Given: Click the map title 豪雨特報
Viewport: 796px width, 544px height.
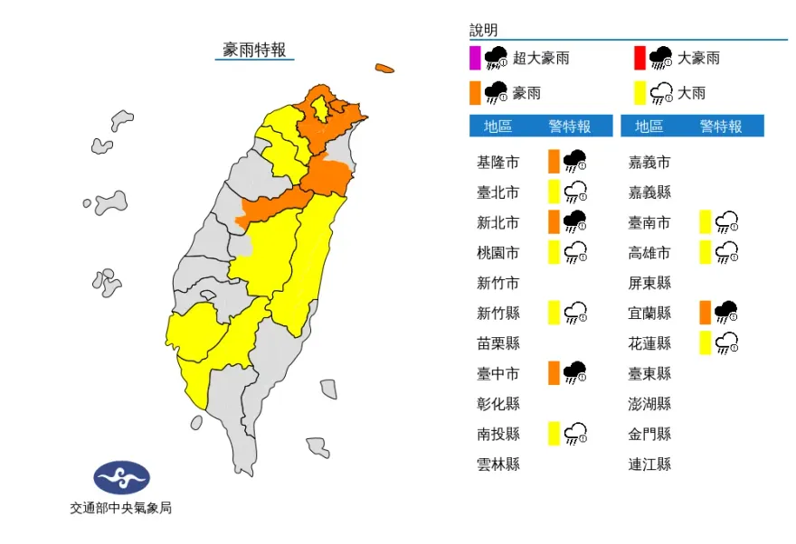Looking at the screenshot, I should coord(254,50).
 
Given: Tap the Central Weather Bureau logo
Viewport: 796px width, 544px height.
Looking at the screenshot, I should coord(121,477).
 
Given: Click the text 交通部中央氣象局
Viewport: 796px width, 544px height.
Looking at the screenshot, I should coord(121,508).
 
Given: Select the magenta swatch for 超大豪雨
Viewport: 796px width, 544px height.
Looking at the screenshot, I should coord(475,58).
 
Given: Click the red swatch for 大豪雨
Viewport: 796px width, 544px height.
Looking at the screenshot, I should coord(640,58).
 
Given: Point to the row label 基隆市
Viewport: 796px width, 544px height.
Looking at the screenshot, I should coord(498,163).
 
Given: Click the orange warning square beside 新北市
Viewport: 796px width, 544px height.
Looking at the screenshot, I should coord(554,222).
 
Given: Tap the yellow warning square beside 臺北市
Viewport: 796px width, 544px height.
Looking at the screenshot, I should coord(554,192).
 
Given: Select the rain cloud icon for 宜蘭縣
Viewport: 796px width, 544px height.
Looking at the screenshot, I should coord(725,313).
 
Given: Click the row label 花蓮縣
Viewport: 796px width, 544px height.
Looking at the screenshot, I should coord(650,343).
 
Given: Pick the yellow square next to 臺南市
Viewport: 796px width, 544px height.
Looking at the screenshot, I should coord(705,222).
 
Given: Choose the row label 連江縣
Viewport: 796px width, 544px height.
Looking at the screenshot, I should coord(650,464).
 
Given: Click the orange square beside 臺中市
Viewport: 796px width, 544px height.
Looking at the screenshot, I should coord(554,372).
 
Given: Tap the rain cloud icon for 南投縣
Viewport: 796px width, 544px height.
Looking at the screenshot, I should coord(574,434).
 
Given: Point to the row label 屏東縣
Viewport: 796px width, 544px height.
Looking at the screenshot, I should coord(650,283).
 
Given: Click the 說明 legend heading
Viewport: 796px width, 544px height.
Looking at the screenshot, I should coord(484,31).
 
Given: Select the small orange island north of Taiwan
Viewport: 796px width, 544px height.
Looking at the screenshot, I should coord(384,68).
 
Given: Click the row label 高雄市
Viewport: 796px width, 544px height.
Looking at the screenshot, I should coord(650,253).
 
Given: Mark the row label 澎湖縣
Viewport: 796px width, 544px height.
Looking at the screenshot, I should coord(650,404).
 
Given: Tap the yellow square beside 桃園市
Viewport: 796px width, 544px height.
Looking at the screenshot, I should coord(554,253).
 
